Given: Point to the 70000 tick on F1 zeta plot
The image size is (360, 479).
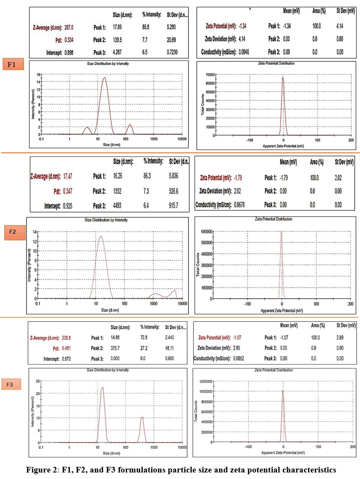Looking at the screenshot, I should (x=209, y=75).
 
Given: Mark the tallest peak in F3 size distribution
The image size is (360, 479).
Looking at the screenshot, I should (x=102, y=388).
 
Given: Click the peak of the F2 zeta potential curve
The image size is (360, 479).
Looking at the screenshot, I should (x=281, y=232).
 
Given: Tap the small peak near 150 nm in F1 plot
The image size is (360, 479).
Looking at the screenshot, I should (x=129, y=125).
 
